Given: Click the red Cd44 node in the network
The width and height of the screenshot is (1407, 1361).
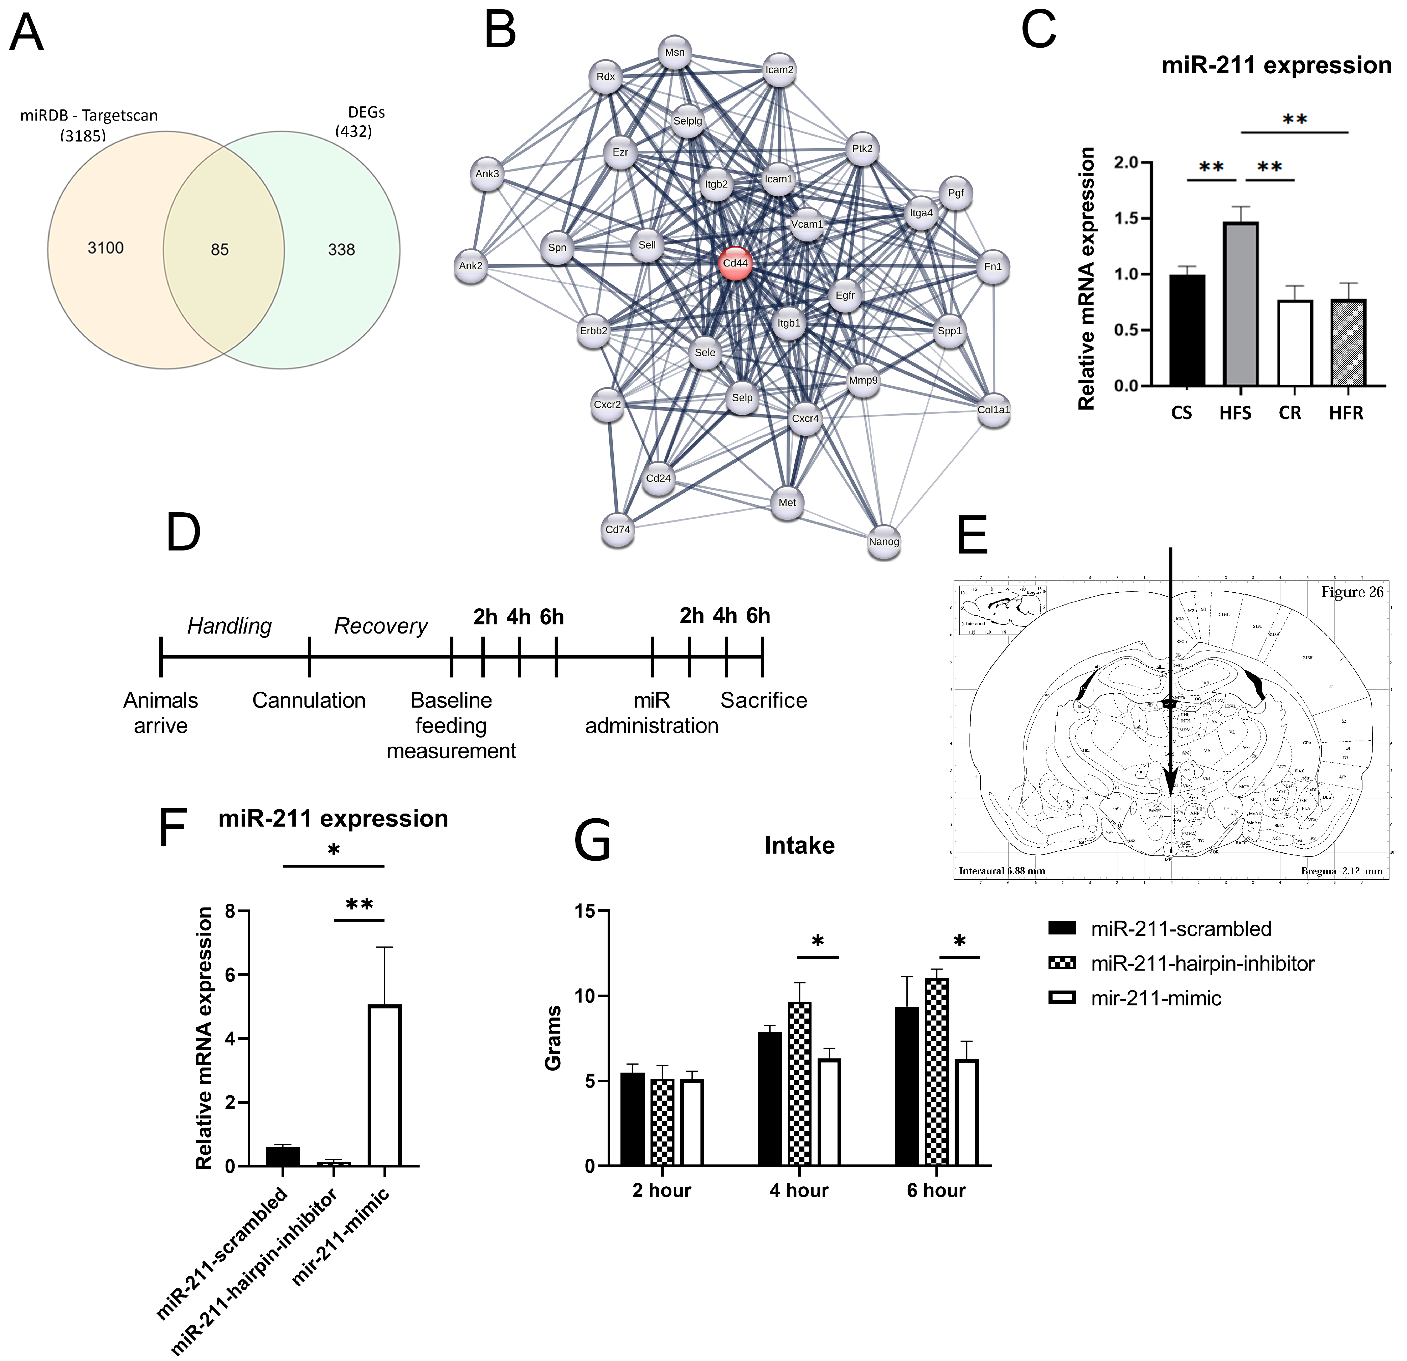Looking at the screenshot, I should [735, 263].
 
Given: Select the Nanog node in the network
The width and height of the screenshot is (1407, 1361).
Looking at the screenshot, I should [884, 541].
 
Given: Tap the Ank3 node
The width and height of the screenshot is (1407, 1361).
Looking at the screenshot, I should [487, 174].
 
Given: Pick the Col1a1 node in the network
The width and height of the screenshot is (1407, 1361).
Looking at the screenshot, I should [993, 410].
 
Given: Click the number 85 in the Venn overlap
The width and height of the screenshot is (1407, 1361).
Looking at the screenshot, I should [220, 250].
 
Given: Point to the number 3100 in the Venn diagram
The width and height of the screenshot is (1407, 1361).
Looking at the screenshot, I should [106, 248].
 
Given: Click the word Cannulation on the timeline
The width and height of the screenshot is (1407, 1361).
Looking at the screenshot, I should [309, 700].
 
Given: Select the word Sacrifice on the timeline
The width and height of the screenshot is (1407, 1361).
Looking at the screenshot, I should [764, 700].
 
